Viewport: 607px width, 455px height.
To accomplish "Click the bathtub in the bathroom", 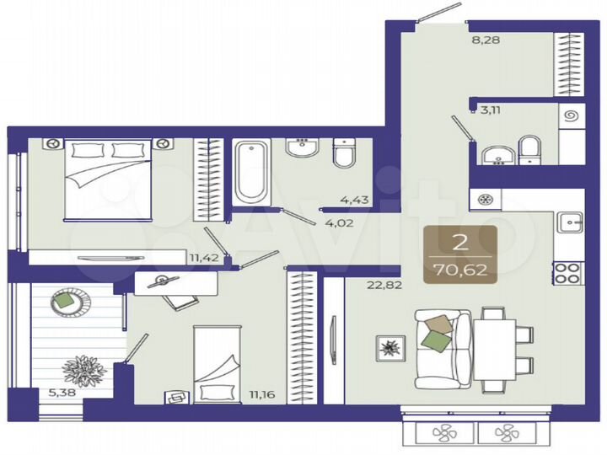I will click(x=251, y=173).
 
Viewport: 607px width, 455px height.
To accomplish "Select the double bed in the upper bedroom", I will click(x=109, y=179).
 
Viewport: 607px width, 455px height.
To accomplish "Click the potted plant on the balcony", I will click(x=83, y=368).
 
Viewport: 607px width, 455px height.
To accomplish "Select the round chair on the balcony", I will click(x=64, y=302).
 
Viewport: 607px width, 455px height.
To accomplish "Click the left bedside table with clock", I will click(x=53, y=144).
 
